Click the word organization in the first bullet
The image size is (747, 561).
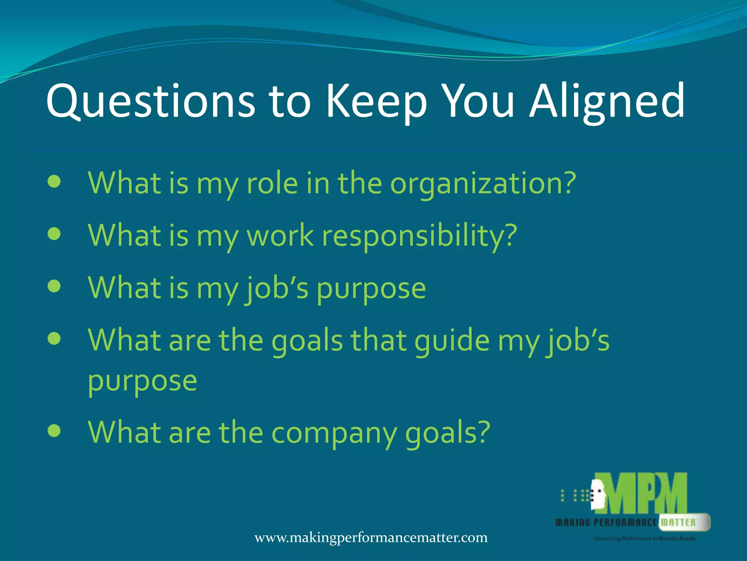[483, 183]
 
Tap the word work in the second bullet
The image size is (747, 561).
[280, 235]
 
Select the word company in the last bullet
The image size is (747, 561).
[333, 432]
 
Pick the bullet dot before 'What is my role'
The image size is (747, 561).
[54, 182]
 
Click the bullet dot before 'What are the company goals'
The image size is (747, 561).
[54, 431]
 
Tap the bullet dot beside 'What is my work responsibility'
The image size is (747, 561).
[54, 234]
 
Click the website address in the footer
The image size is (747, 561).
[371, 538]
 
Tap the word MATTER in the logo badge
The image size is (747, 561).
[678, 522]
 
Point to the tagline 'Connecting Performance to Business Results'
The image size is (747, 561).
[644, 538]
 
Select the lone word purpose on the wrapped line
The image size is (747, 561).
[142, 381]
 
